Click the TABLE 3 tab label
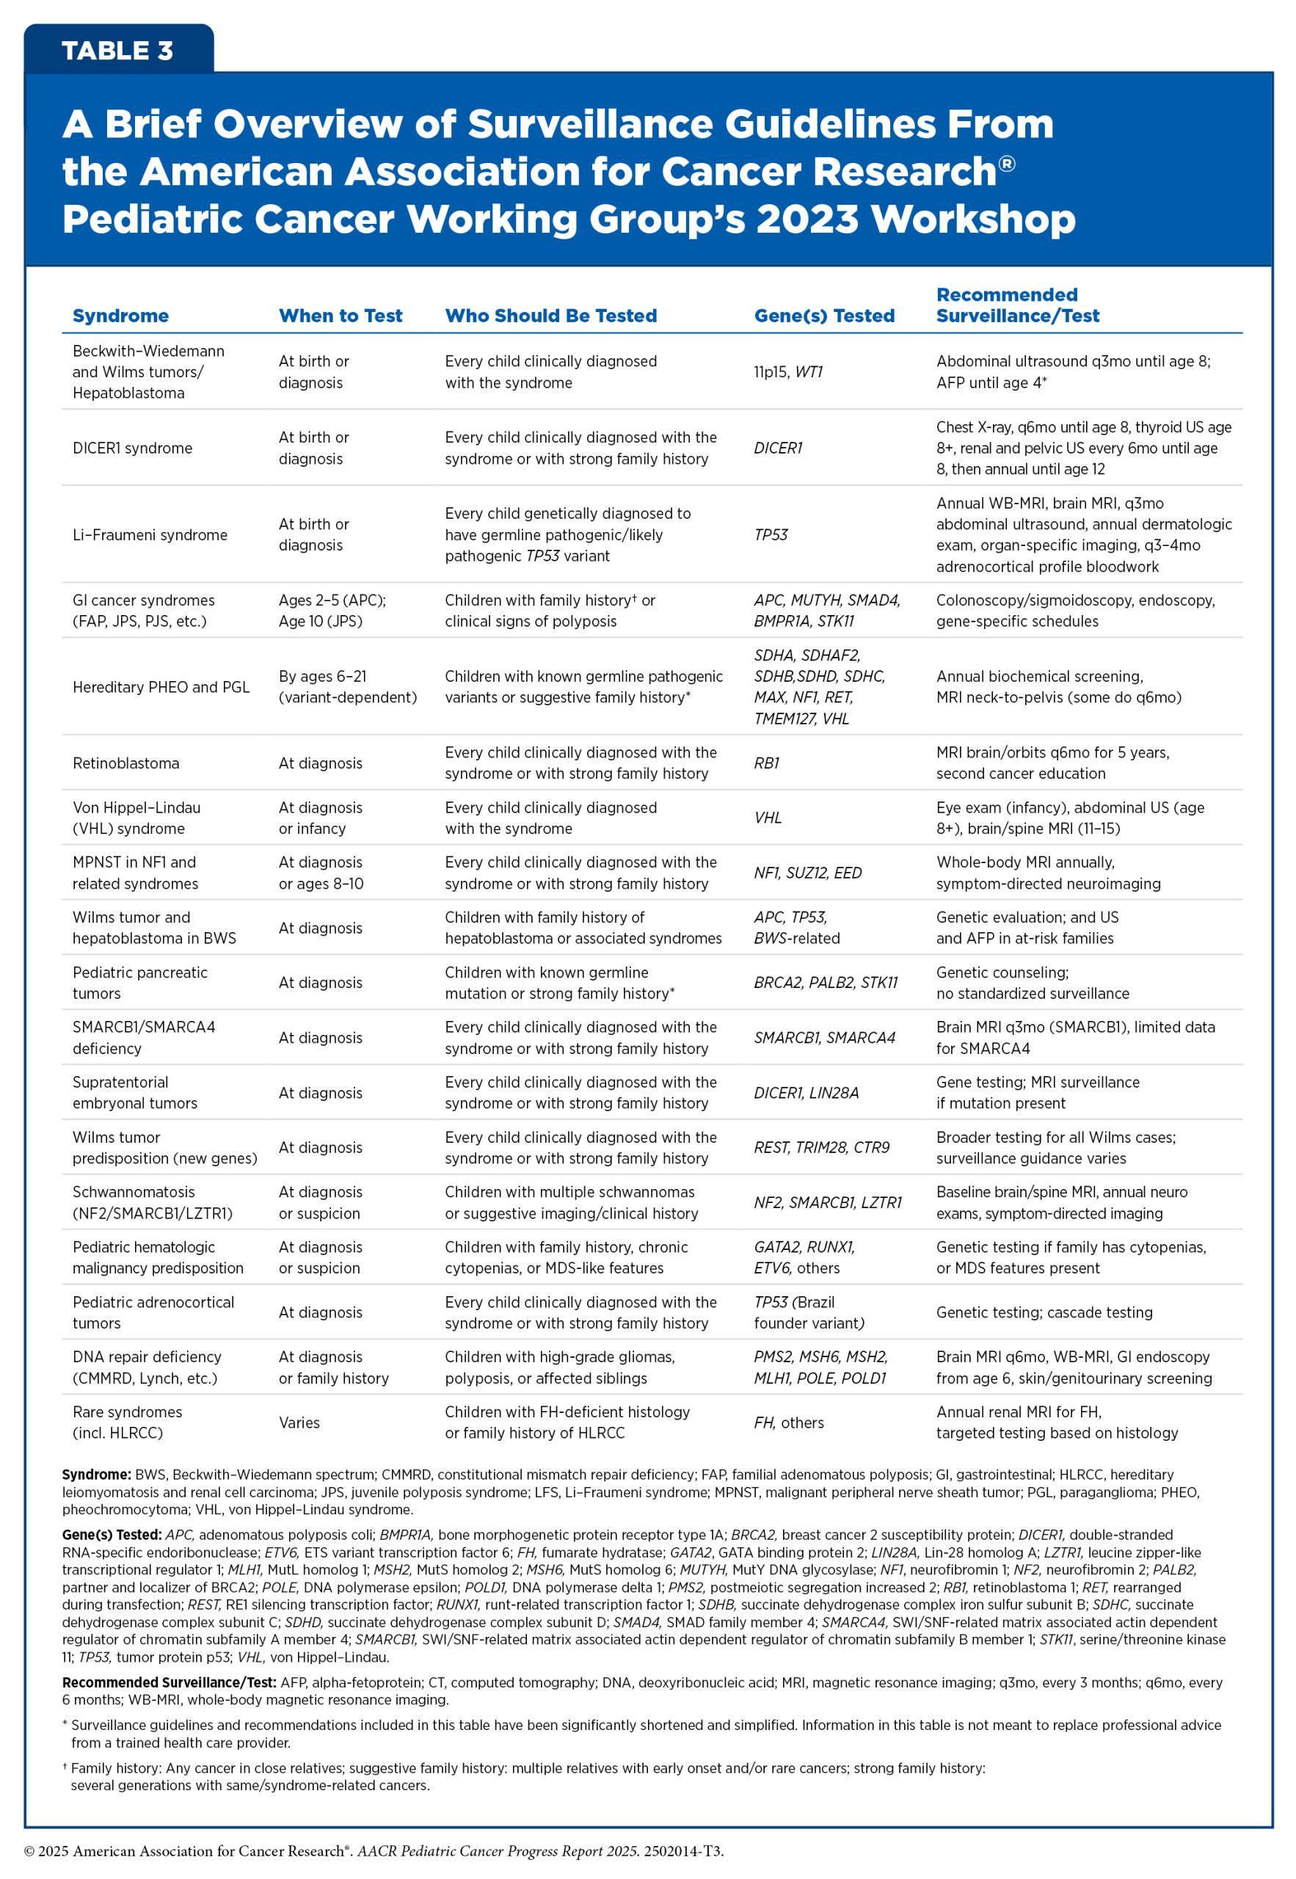point(117,51)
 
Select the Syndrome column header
point(120,316)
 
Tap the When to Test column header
point(341,316)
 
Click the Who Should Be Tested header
point(550,316)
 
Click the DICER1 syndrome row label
point(132,448)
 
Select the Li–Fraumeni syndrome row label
point(150,535)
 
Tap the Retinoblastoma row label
point(126,763)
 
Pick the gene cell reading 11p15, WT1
point(787,372)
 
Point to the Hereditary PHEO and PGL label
point(161,687)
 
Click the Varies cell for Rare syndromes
point(299,1422)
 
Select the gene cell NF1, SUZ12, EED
point(807,873)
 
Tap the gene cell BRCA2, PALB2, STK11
point(825,983)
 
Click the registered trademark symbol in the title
point(1006,164)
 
